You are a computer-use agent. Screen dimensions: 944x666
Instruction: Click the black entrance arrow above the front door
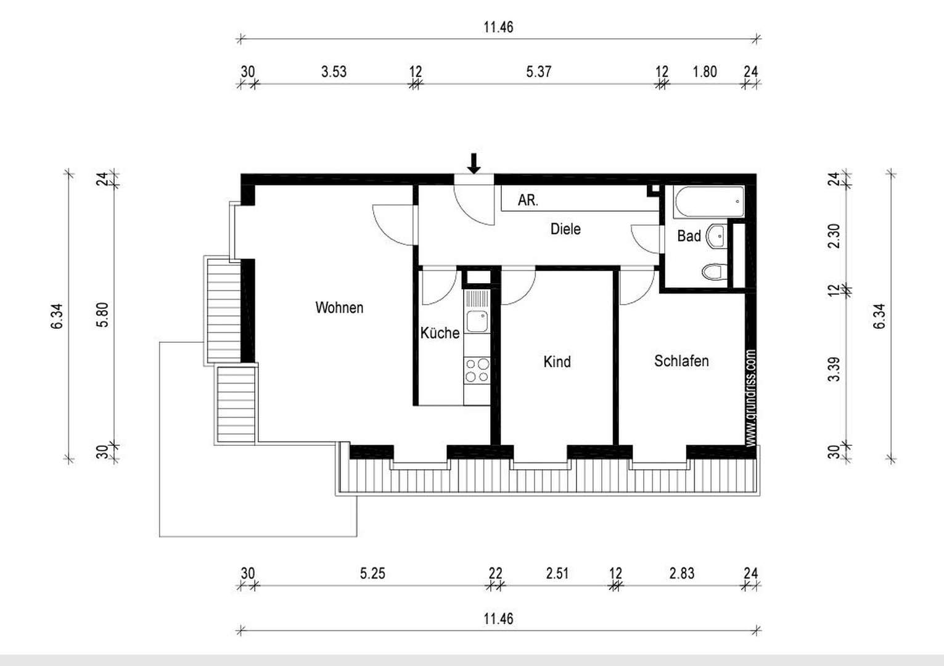474,163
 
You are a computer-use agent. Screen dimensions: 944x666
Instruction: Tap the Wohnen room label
339,308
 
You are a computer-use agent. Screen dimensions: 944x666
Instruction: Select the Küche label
440,333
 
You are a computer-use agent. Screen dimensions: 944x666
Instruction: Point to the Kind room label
557,361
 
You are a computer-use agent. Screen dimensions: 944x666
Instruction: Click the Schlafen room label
681,361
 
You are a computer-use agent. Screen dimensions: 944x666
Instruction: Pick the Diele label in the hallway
565,229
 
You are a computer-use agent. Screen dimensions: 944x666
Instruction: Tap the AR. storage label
528,200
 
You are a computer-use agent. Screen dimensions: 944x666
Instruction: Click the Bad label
689,236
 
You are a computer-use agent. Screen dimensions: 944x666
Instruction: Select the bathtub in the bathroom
709,202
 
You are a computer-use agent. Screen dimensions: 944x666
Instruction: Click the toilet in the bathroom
715,271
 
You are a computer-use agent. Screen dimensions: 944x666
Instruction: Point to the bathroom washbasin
716,236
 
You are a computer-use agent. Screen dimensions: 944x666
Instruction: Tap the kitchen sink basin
477,321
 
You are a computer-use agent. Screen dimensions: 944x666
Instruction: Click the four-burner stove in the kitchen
477,371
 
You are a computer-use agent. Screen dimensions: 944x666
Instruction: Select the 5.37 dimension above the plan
538,72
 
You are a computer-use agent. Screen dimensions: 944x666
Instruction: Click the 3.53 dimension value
334,72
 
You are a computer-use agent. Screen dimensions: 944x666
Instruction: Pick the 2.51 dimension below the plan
557,573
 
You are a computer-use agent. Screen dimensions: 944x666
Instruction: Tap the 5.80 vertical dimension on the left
102,315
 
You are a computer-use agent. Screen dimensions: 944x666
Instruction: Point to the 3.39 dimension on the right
834,369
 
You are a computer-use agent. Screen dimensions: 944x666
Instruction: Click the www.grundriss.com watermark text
750,398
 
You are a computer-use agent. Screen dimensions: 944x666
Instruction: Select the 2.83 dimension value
682,573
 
